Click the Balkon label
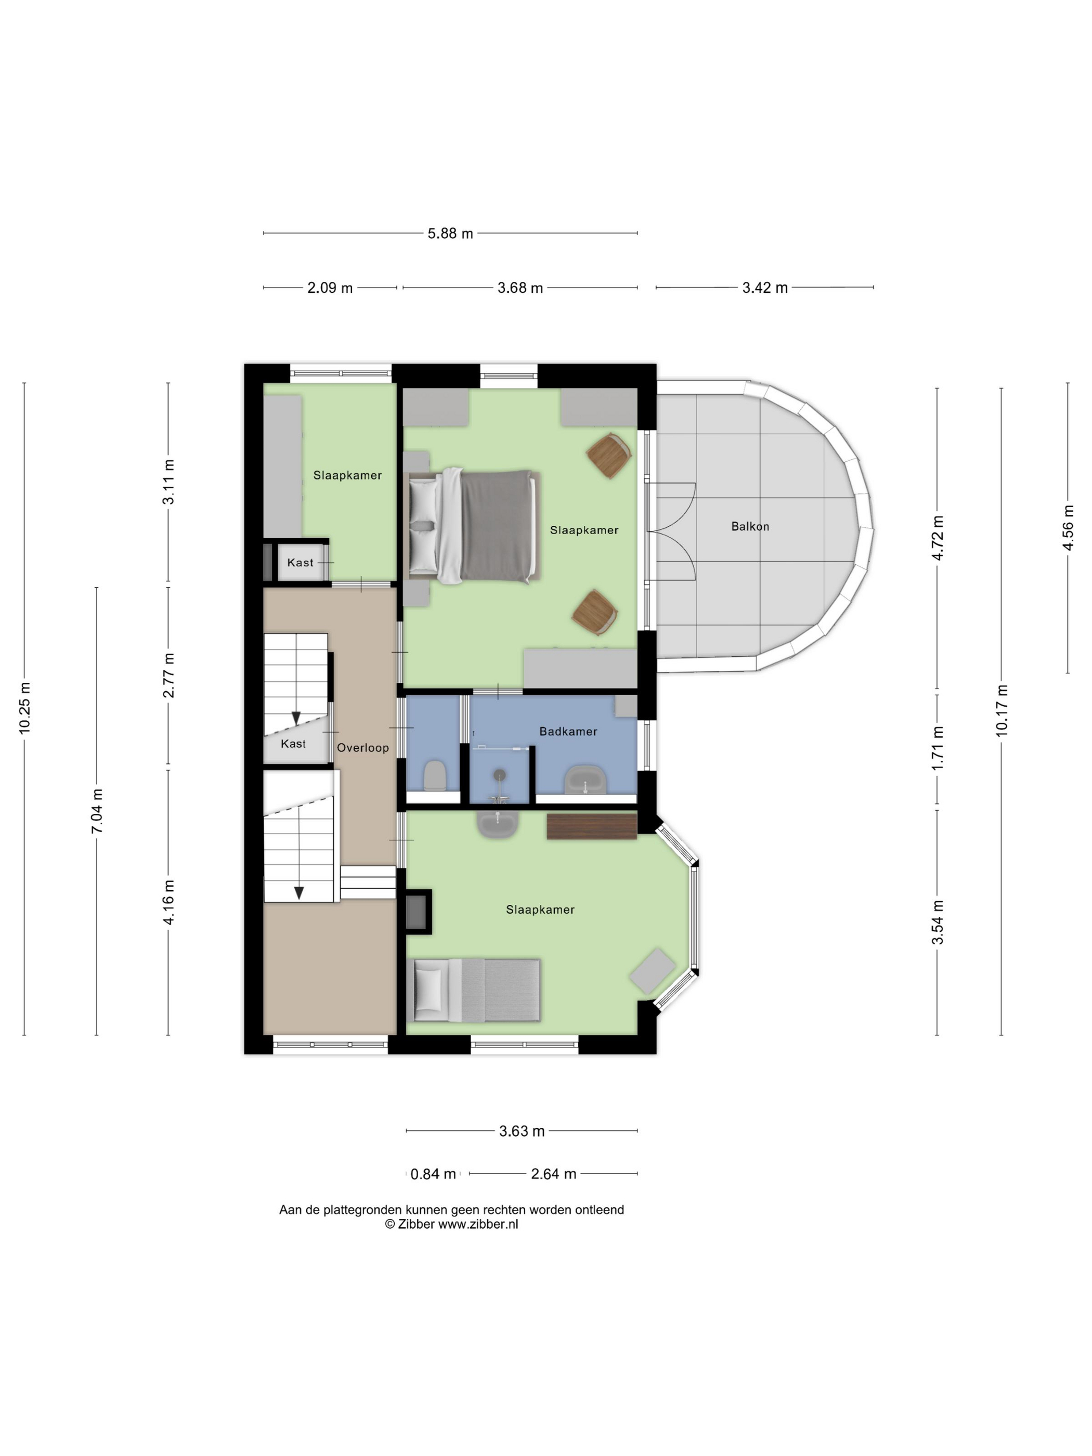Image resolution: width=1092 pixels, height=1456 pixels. click(750, 527)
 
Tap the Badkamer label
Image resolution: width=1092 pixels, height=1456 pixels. click(568, 731)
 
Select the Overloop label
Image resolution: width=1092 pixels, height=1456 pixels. click(362, 748)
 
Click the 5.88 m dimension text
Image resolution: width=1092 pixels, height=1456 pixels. click(450, 233)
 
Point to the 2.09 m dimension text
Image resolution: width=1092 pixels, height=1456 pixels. click(330, 288)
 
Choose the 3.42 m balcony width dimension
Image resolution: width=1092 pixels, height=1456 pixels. click(765, 288)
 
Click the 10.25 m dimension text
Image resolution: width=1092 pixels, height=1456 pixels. click(24, 708)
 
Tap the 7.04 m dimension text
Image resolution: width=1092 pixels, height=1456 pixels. click(97, 811)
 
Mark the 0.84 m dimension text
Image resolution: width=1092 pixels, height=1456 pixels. click(433, 1174)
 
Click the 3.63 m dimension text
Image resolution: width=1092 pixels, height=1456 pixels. click(522, 1132)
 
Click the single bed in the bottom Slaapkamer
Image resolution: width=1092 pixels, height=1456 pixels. click(474, 990)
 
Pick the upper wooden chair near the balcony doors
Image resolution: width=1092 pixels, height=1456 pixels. click(609, 455)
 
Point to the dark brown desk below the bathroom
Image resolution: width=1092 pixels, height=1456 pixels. click(592, 827)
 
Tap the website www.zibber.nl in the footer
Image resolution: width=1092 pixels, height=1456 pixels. click(478, 1224)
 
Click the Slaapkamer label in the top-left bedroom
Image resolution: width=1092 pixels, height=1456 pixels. click(347, 475)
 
